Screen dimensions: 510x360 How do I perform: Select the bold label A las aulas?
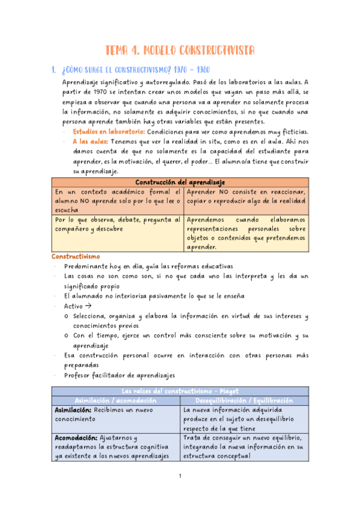[x=91, y=142]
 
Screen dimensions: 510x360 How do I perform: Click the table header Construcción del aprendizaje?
[x=180, y=182]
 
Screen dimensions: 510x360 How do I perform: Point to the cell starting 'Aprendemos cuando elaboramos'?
[x=245, y=233]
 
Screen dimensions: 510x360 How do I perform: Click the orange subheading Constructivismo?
[x=75, y=256]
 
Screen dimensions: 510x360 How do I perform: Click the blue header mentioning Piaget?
[x=180, y=392]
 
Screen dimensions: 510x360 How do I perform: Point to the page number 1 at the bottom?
[x=180, y=476]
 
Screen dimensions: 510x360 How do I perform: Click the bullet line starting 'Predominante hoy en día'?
[x=148, y=266]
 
